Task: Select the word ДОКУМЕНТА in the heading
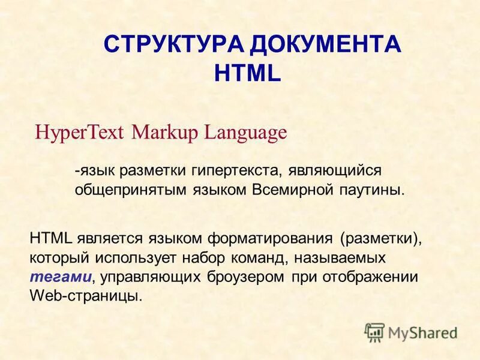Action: click(x=325, y=46)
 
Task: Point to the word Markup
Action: click(x=166, y=132)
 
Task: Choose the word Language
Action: click(x=246, y=132)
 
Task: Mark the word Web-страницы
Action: click(x=86, y=296)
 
